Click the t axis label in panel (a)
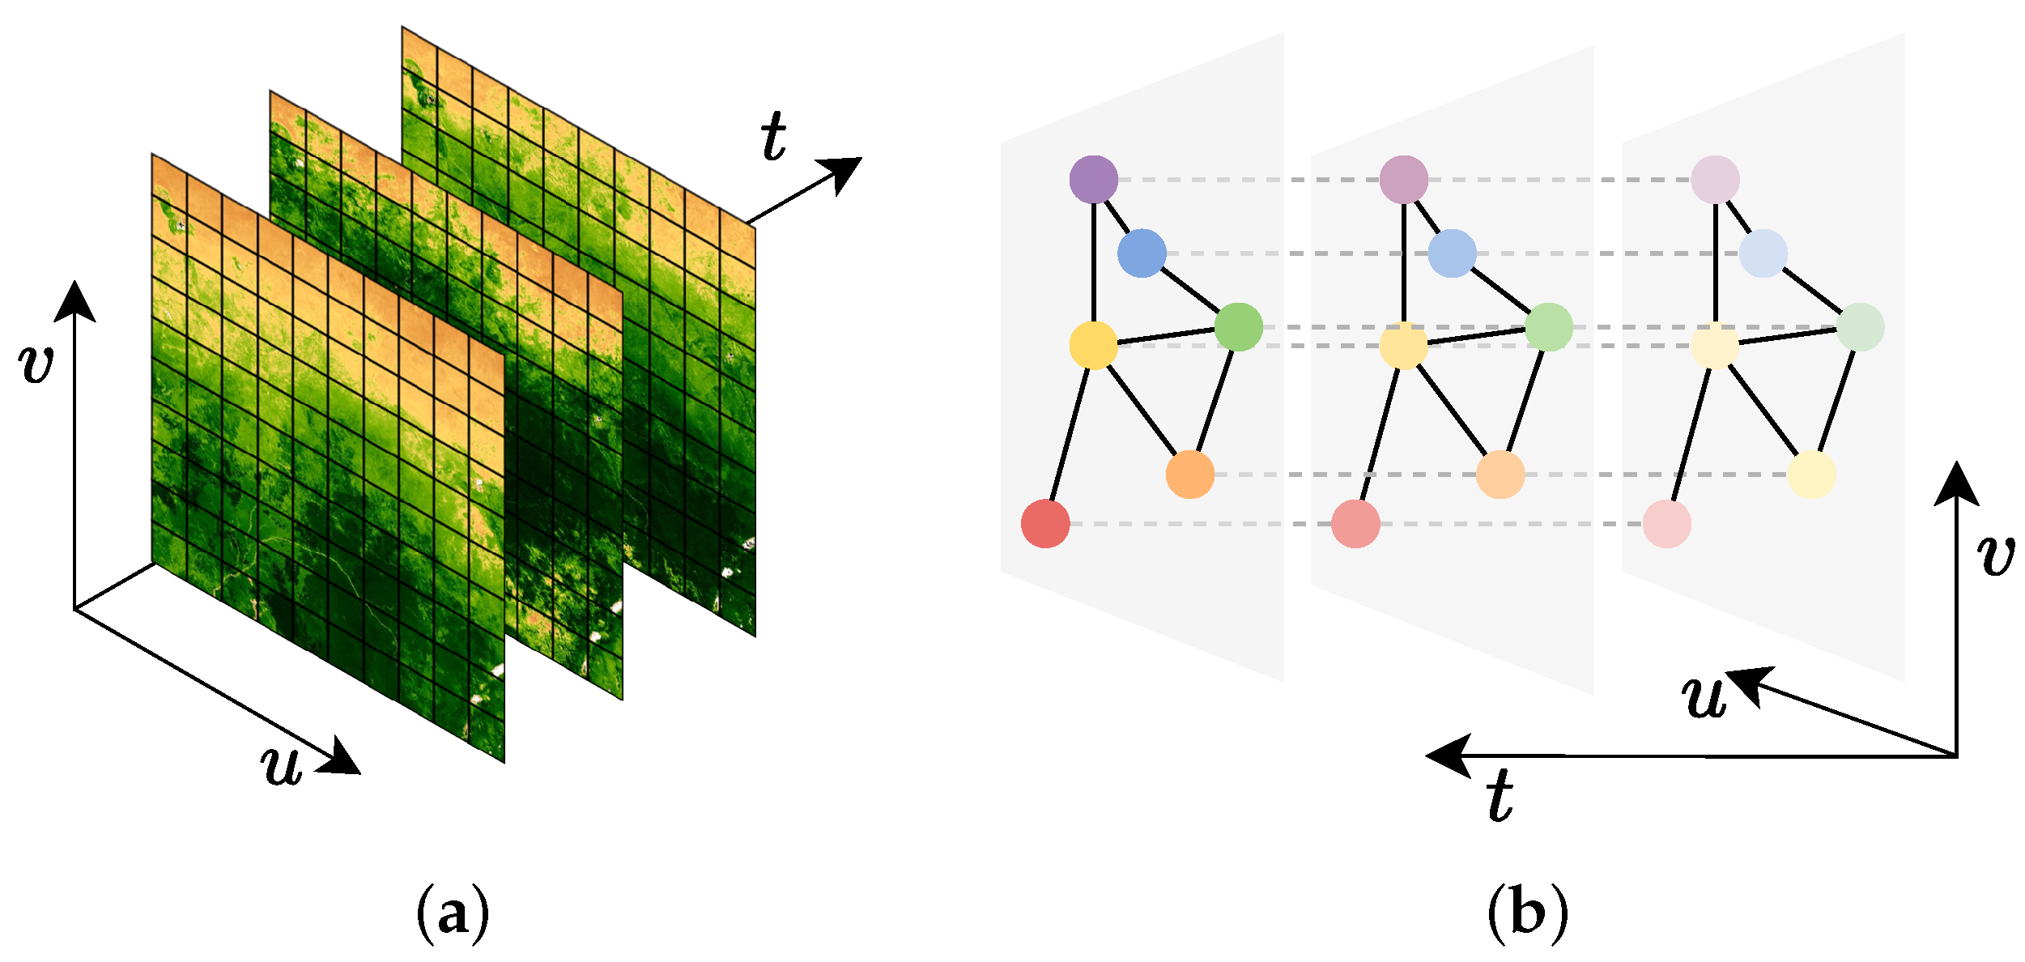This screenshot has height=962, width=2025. pyautogui.click(x=773, y=136)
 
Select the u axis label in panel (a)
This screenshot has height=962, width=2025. pyautogui.click(x=283, y=764)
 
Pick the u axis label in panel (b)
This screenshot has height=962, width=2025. pyautogui.click(x=1704, y=696)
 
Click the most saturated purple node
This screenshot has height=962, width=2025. pyautogui.click(x=1094, y=179)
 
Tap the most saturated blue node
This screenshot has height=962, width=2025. pyautogui.click(x=1142, y=253)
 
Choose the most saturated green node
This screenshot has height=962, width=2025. pyautogui.click(x=1239, y=327)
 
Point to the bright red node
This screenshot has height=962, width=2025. pyautogui.click(x=1045, y=524)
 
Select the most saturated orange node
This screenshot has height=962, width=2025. pyautogui.click(x=1190, y=475)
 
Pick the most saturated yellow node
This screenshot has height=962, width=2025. pyautogui.click(x=1094, y=346)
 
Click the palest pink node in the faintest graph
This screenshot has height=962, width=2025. pyautogui.click(x=1667, y=524)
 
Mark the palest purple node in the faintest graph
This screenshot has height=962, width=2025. pyautogui.click(x=1716, y=179)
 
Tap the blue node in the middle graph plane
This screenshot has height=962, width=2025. pyautogui.click(x=1453, y=253)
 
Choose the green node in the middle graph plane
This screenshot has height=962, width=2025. pyautogui.click(x=1549, y=327)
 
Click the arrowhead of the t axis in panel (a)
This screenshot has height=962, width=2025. pyautogui.click(x=844, y=172)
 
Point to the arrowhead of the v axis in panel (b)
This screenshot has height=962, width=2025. pyautogui.click(x=1957, y=483)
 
